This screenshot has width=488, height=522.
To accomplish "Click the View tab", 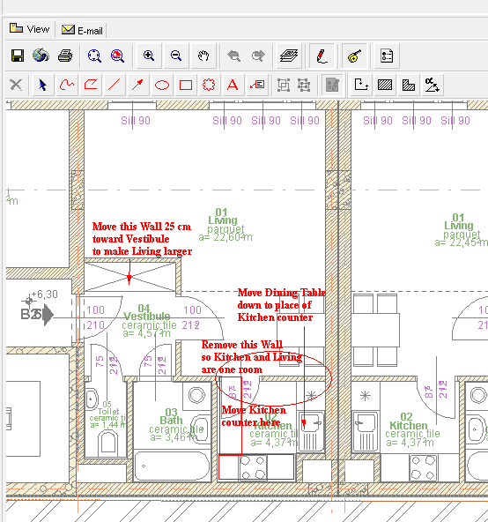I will point(30,29).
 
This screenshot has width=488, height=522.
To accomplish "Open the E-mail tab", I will point(82,30).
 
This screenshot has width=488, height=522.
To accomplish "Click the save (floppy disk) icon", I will point(17,56).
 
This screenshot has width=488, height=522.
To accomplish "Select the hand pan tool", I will point(203,56).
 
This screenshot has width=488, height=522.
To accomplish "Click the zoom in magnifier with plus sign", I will point(149,56).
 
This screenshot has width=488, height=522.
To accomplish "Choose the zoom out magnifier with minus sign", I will point(175,56).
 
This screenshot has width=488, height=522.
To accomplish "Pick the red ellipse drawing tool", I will point(162,86).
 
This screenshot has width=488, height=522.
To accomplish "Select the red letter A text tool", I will point(233,86).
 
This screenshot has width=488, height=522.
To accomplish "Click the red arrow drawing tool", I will point(137,86).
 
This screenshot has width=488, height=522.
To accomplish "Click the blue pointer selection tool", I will point(41,86).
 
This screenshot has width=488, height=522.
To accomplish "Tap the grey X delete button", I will point(16,86).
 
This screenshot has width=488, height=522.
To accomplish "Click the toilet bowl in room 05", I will point(92,396).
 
